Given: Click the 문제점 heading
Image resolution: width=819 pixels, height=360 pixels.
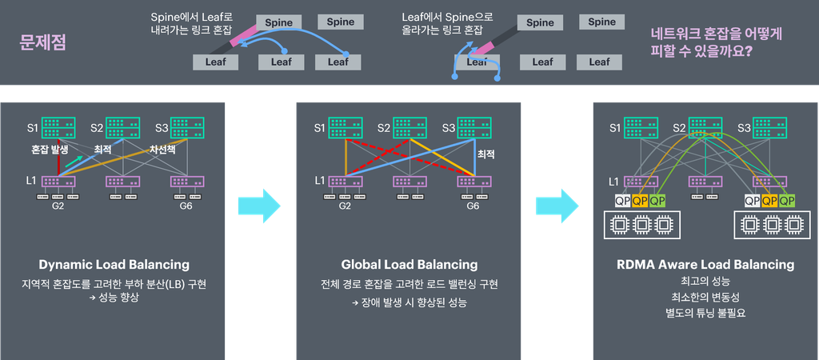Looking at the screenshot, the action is pos(43,42).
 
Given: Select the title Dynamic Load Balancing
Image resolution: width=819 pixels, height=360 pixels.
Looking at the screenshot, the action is pos(114,264).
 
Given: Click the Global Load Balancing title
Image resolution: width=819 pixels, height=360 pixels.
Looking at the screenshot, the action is pos(409,264).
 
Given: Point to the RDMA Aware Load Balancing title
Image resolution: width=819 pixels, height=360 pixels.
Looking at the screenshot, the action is pos(705,264).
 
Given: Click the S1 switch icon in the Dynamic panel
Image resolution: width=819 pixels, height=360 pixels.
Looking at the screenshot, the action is pos(58,128).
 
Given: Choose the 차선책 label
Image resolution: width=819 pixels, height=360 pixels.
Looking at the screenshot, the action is pos(162,150).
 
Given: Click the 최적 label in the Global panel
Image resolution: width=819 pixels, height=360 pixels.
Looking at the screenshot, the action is pos(485,154).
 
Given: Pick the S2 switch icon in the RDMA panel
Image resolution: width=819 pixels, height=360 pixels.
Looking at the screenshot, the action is pos(705,128).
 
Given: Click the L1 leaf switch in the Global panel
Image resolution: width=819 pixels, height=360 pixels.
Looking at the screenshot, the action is pos(346,182).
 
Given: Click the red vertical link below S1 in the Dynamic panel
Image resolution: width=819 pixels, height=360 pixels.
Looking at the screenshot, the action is pos(59,157).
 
